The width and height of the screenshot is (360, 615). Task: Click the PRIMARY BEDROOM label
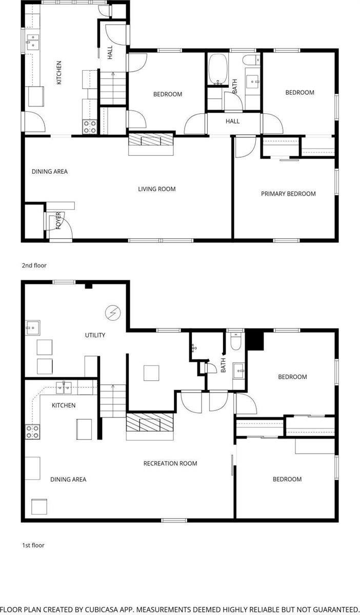click(x=288, y=194)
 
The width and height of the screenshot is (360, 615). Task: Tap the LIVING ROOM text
click(x=156, y=189)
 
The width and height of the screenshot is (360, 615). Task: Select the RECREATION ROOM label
click(x=170, y=463)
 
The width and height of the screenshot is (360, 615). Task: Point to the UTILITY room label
click(x=95, y=335)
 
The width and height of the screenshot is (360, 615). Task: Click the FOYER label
click(x=58, y=220)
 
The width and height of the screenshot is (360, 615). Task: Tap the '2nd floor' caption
click(x=34, y=265)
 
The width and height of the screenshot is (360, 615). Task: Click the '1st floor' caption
click(x=33, y=545)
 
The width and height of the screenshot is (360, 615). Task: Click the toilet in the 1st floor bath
click(x=236, y=341)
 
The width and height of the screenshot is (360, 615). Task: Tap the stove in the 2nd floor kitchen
click(x=90, y=127)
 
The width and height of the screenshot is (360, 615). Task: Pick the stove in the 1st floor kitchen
click(x=33, y=432)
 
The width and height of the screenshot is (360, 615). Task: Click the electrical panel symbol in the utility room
click(x=112, y=312)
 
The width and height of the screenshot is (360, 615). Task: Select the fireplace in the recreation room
click(x=151, y=424)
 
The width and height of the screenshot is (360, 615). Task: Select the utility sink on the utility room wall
click(x=31, y=327)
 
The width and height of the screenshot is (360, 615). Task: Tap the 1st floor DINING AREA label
click(x=68, y=480)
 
